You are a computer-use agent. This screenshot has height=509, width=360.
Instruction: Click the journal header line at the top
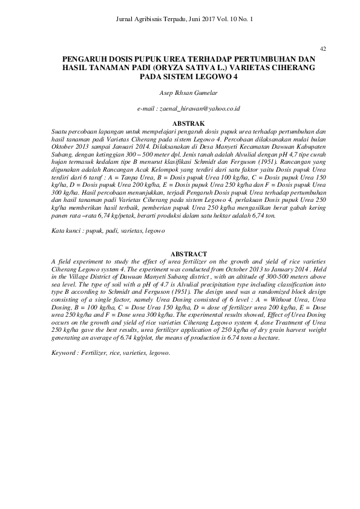tap(180, 19)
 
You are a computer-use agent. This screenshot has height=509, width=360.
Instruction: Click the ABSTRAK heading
tap(180, 123)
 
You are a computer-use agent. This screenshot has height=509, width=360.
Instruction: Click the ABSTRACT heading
tap(180, 254)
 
